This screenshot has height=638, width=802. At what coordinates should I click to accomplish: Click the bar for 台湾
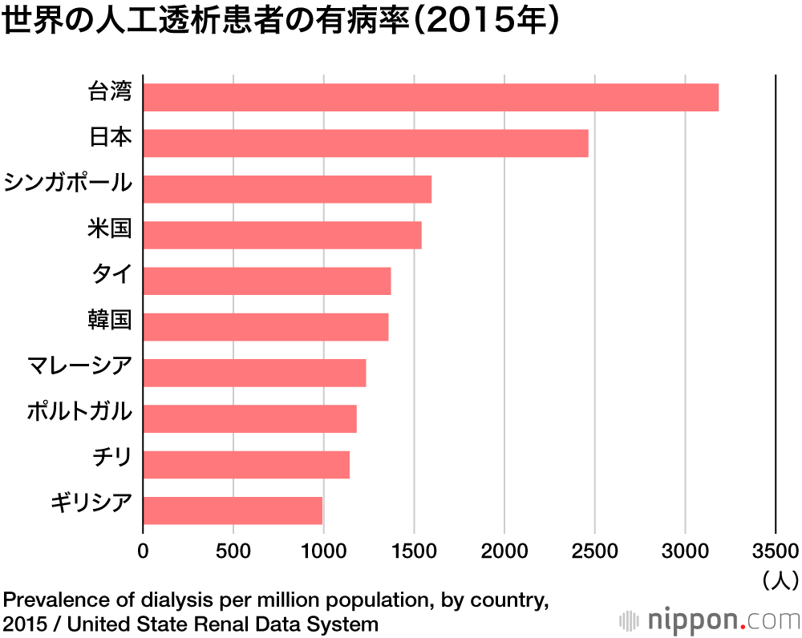pos(431,98)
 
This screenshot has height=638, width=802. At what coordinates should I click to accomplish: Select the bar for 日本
pos(366,143)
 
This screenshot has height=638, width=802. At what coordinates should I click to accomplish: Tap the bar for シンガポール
pos(287,189)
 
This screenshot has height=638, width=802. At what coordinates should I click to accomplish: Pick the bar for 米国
pos(282,235)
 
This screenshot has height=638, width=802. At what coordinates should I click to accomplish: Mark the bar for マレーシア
pos(254,373)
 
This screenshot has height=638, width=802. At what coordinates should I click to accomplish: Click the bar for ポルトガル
pos(249,418)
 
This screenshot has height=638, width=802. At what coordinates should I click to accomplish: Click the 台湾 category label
pos(110,92)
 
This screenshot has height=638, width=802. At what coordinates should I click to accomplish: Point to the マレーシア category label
pos(79,367)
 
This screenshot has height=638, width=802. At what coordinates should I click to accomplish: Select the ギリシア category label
pos(91,504)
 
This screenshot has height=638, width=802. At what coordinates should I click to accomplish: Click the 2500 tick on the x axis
pos(594,551)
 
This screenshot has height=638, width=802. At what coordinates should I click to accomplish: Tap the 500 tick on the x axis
pos(233,551)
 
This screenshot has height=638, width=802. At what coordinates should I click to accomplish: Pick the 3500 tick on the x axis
pos(775,551)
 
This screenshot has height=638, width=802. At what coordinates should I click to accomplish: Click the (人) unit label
pos(777,579)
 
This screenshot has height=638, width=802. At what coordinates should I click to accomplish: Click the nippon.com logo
pos(711,620)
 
